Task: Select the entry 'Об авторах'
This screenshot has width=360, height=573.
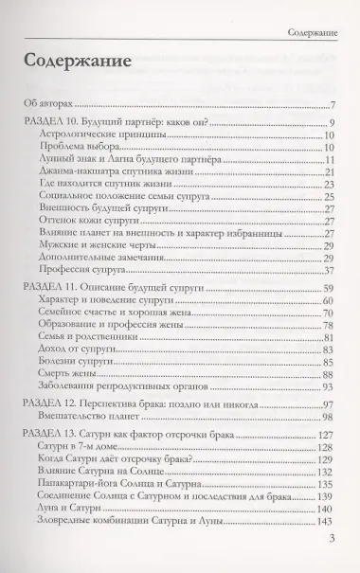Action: [x=48, y=104]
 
